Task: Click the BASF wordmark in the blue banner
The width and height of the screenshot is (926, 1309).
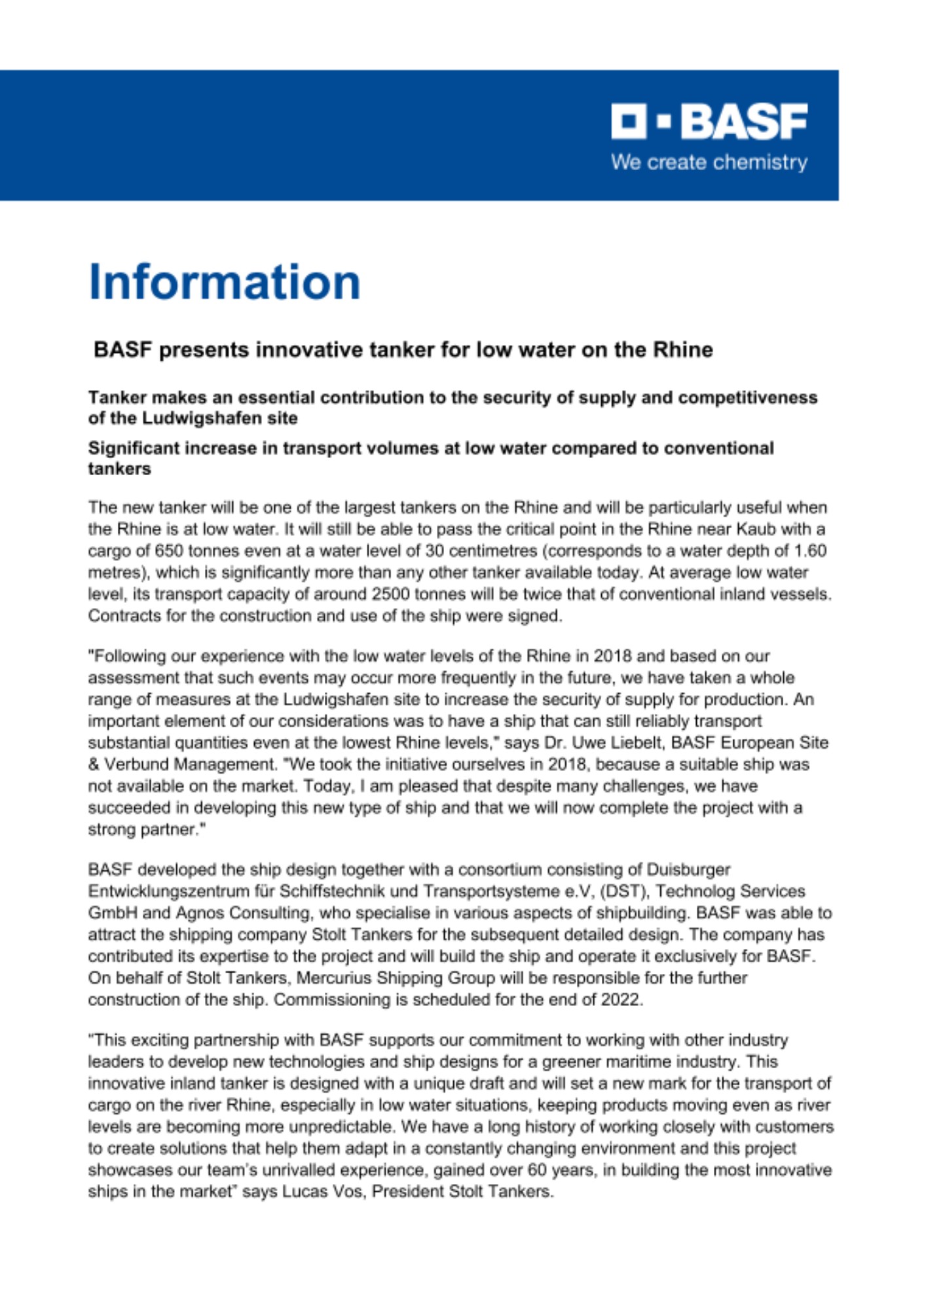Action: point(745,122)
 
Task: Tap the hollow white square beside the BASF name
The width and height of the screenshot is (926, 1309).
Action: point(628,122)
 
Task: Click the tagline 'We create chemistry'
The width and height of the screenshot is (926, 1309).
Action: point(709,162)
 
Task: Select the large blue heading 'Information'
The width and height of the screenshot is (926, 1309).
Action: point(224,282)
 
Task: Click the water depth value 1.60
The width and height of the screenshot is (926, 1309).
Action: point(808,550)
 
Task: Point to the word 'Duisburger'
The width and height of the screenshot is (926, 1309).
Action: point(688,870)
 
